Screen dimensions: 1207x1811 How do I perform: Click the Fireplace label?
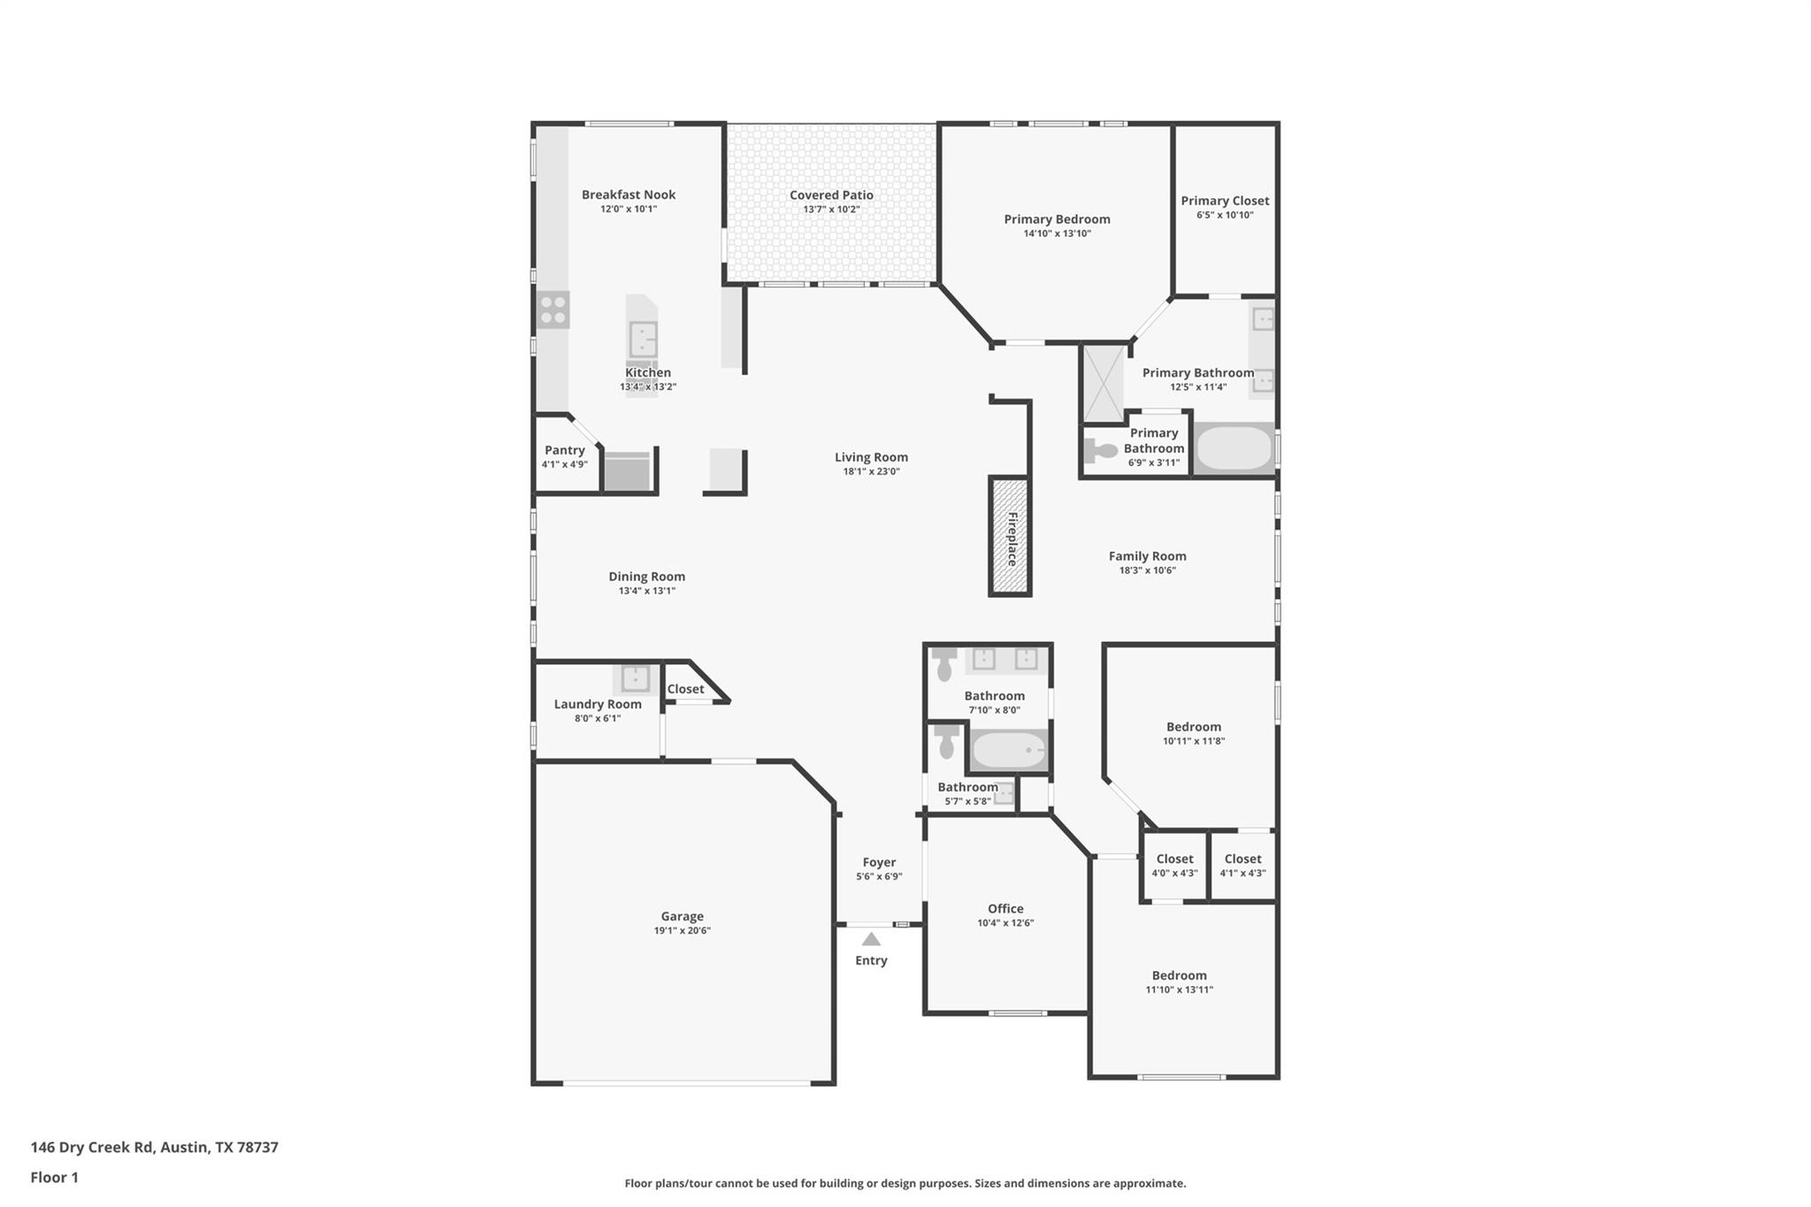pyautogui.click(x=1012, y=539)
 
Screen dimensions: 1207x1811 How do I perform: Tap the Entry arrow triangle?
pyautogui.click(x=871, y=939)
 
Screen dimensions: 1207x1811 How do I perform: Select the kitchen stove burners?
pyautogui.click(x=554, y=309)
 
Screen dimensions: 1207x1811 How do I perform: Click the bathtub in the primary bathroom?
pyautogui.click(x=1234, y=448)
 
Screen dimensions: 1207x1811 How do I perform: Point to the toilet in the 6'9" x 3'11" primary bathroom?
pyautogui.click(x=1100, y=451)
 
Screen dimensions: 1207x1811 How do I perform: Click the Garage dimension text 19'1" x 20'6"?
pyautogui.click(x=682, y=930)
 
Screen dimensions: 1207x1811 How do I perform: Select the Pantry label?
pyautogui.click(x=564, y=450)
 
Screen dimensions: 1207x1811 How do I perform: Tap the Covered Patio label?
pyautogui.click(x=831, y=195)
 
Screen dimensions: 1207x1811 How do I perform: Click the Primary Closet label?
pyautogui.click(x=1225, y=201)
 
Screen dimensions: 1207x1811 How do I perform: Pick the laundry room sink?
pyautogui.click(x=635, y=678)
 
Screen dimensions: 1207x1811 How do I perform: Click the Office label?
pyautogui.click(x=1005, y=908)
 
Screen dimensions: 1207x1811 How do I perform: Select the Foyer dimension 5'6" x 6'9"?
pyautogui.click(x=879, y=876)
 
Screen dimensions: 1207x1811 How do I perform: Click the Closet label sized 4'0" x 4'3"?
pyautogui.click(x=1174, y=859)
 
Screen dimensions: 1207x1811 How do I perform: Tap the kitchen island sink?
pyautogui.click(x=643, y=339)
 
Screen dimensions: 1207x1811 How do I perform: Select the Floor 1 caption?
pyautogui.click(x=54, y=1177)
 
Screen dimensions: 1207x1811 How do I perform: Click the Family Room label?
pyautogui.click(x=1147, y=556)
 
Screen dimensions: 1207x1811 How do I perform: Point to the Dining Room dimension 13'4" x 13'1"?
pyautogui.click(x=646, y=591)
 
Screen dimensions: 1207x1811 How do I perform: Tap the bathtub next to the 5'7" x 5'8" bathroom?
pyautogui.click(x=1009, y=752)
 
